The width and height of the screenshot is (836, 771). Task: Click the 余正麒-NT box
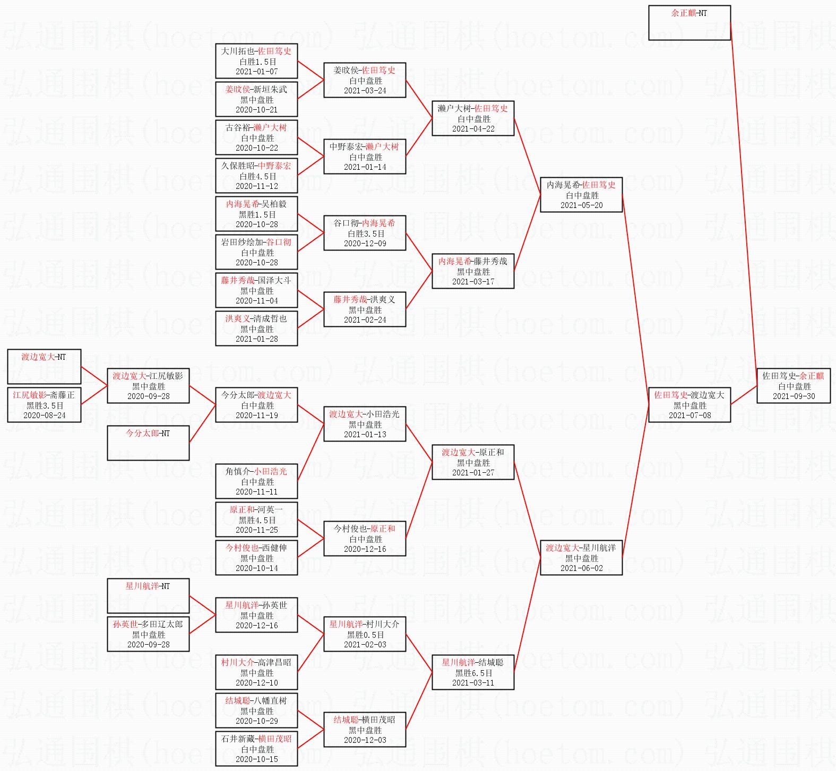click(x=689, y=23)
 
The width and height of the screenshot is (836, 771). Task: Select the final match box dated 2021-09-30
click(x=793, y=386)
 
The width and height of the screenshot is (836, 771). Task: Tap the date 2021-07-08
click(x=690, y=415)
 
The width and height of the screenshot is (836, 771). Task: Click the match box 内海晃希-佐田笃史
click(x=581, y=195)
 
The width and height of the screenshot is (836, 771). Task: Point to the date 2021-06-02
click(x=581, y=568)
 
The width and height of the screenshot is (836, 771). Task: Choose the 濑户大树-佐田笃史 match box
click(x=472, y=118)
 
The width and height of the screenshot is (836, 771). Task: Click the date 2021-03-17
click(x=473, y=282)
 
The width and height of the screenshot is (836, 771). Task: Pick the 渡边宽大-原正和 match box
click(x=472, y=462)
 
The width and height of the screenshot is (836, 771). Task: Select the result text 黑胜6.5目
click(x=473, y=673)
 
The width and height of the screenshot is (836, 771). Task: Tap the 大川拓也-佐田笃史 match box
click(x=256, y=61)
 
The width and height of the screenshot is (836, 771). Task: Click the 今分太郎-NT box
click(x=148, y=443)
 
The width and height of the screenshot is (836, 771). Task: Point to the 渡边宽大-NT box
click(x=44, y=366)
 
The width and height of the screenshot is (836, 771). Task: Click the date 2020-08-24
click(x=45, y=415)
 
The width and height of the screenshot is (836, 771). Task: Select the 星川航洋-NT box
click(x=148, y=595)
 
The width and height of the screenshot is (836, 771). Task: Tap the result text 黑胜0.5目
click(x=365, y=635)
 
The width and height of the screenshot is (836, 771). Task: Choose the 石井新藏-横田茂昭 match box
click(x=256, y=749)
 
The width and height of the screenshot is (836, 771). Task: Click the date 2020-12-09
click(x=365, y=244)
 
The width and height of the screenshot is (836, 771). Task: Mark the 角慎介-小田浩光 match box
click(x=256, y=481)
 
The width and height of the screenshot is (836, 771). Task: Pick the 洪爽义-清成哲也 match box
click(x=256, y=328)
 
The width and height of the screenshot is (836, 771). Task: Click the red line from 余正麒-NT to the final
click(x=743, y=202)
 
